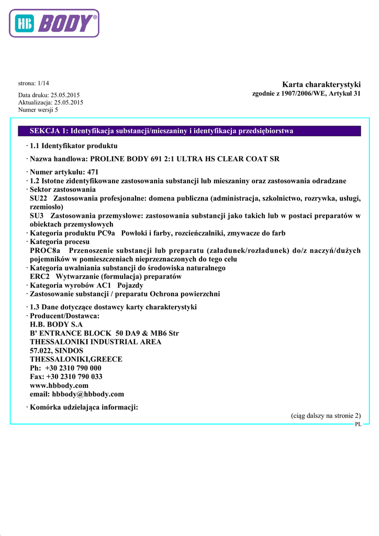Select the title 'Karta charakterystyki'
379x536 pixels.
coord(321,84)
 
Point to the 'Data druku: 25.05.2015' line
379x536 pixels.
coord(49,95)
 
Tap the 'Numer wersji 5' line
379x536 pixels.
coord(38,110)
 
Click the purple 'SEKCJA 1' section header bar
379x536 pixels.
coord(189,131)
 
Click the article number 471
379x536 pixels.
coord(93,172)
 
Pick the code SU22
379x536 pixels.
coord(39,198)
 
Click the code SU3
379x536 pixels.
coord(37,216)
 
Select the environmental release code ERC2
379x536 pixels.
coord(40,276)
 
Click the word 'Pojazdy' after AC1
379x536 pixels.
coord(130,285)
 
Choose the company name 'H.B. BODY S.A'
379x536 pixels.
coord(57,325)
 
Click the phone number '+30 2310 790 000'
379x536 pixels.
coord(73,368)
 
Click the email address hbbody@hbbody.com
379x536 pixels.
coord(87,394)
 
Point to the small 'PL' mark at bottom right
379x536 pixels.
coord(358,425)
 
